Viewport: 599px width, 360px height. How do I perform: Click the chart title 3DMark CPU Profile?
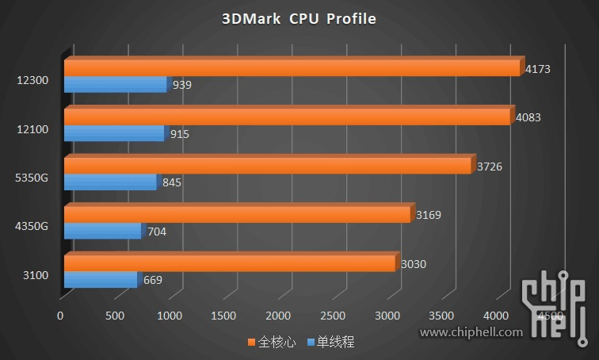299,18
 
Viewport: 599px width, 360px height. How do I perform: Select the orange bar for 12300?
293,68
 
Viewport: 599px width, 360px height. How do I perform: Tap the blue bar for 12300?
115,84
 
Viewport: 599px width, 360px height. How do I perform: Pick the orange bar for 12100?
287,117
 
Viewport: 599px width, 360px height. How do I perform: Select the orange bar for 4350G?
237,215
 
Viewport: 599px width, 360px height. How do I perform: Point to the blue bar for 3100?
100,280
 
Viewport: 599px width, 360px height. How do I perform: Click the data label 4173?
537,69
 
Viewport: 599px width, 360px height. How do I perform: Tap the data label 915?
179,134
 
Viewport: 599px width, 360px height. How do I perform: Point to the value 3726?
490,167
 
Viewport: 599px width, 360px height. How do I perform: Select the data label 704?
156,232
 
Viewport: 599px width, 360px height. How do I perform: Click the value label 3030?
414,264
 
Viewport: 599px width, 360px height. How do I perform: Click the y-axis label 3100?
36,275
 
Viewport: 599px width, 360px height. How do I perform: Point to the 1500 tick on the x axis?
224,316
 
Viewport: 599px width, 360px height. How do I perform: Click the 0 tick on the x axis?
60,316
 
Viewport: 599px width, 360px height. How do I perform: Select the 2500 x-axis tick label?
334,316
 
